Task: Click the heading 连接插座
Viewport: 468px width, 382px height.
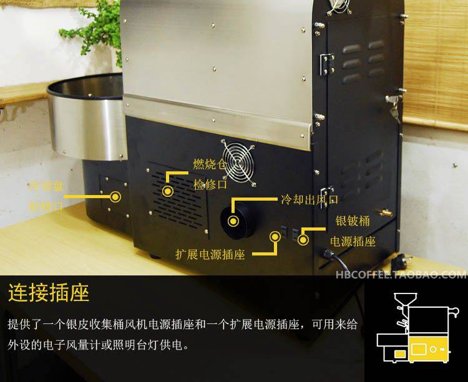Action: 48,292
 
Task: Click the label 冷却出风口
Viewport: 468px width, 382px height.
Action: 308,200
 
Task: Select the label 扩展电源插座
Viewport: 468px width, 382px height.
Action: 210,255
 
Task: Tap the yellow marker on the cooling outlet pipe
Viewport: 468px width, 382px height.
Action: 233,221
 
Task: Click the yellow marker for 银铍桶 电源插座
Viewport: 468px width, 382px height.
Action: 304,237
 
